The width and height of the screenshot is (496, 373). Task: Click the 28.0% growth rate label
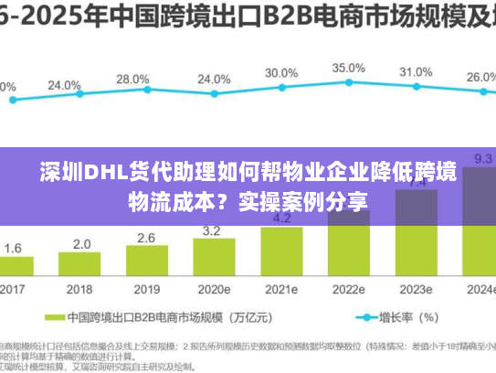pos(132,80)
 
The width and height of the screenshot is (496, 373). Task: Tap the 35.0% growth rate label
pos(348,68)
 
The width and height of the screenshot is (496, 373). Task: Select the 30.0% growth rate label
pos(280,73)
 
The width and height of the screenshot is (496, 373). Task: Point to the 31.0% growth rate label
pos(416,71)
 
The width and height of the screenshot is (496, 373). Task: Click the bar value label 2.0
pos(81,244)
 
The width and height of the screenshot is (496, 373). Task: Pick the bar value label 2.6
pos(146,238)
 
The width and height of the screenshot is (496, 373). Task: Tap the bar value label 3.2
pos(214,230)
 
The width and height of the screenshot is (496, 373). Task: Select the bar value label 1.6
pos(14,249)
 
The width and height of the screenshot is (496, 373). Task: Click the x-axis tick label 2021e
pos(281,289)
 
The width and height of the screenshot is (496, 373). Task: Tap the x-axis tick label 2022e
pos(348,289)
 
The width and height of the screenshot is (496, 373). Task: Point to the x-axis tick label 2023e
pos(416,289)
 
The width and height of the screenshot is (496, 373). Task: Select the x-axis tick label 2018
pos(80,289)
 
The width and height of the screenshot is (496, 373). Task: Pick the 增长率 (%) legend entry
pos(407,318)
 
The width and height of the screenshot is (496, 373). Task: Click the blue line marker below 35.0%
pos(348,84)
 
